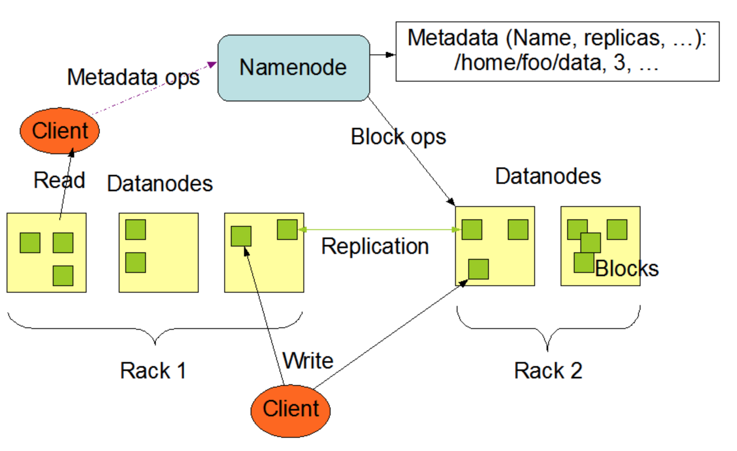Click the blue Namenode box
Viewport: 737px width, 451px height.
tap(293, 68)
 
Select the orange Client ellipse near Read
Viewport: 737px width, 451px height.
tap(60, 131)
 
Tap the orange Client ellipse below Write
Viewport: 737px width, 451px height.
tap(291, 411)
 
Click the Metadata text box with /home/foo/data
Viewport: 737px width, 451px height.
tap(557, 52)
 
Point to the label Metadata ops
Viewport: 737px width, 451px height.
tap(133, 77)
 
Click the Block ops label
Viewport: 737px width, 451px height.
tap(398, 137)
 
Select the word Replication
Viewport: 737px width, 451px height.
tap(375, 247)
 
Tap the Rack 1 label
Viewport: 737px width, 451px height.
tap(153, 370)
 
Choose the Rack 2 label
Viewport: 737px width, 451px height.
tap(548, 370)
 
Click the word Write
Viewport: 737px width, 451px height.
tap(308, 361)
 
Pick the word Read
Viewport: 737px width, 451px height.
tap(59, 180)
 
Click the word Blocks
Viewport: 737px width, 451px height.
tap(627, 269)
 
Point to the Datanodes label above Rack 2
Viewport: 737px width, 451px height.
tap(548, 176)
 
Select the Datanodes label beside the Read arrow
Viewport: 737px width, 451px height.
tap(160, 183)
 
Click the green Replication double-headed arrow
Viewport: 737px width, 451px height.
tap(380, 230)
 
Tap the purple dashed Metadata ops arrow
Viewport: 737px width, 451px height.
tap(155, 88)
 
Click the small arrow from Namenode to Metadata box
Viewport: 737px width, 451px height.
tap(383, 55)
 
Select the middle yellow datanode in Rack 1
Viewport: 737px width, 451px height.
tap(159, 253)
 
